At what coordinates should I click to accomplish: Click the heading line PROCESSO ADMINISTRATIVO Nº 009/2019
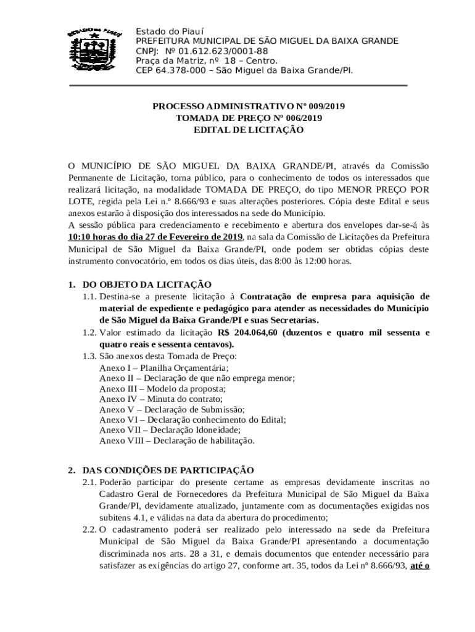point(249,106)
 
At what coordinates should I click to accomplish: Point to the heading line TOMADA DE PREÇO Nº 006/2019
point(249,118)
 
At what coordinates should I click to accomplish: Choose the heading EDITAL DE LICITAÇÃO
point(249,130)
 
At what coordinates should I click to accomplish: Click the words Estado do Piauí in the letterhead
point(170,31)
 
